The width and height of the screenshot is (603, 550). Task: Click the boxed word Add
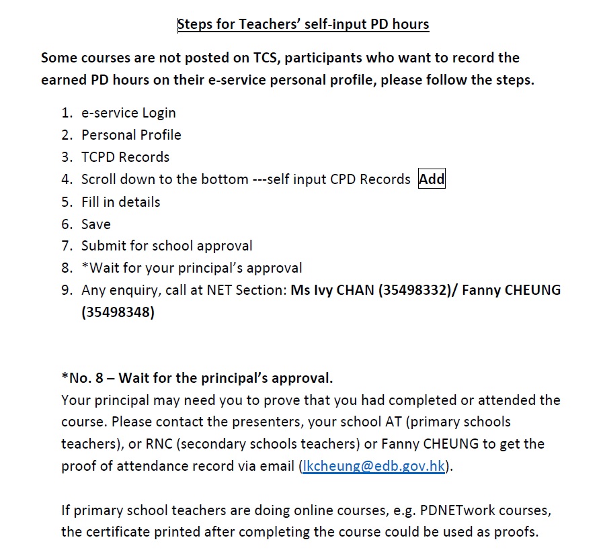432,179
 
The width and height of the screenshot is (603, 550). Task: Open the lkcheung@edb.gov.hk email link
373,467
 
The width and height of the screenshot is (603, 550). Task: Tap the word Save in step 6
96,224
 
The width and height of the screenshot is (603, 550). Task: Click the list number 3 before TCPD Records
66,157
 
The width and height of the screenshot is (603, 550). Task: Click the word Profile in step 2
159,135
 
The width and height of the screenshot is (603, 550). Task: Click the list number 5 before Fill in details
66,202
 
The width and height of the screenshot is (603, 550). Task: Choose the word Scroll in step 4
99,179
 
